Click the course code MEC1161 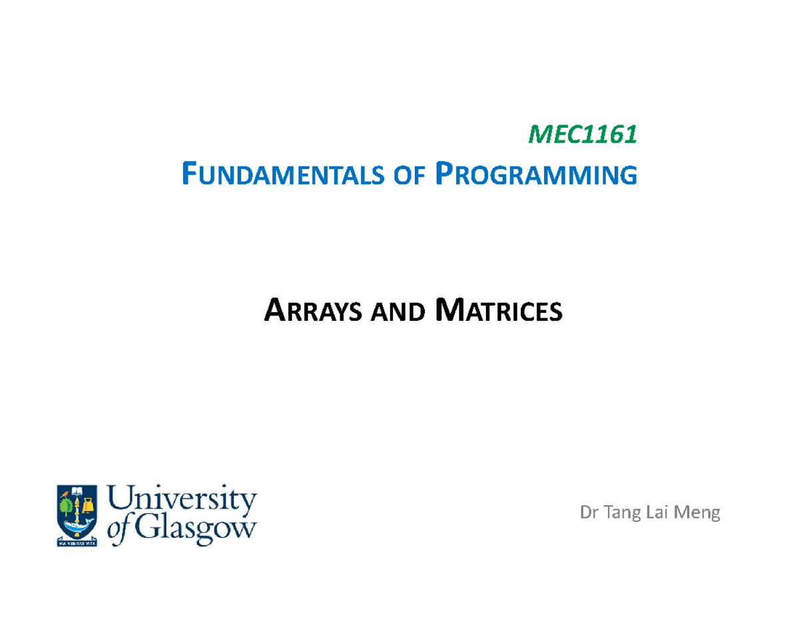click(x=583, y=135)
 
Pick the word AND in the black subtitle click(x=397, y=311)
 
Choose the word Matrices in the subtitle click(x=497, y=311)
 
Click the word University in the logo click(x=182, y=501)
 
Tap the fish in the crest click(x=79, y=528)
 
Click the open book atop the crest click(x=79, y=493)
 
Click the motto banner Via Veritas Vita click(x=79, y=542)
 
